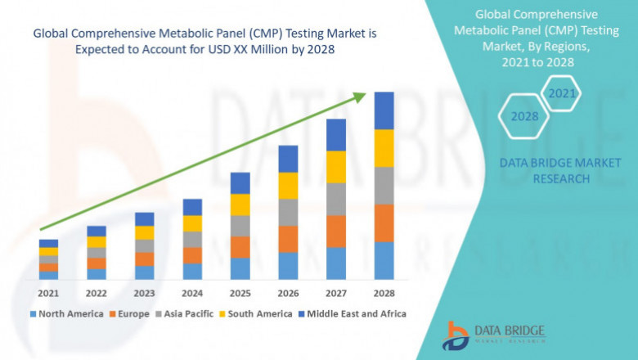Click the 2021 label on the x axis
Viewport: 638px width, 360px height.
pyautogui.click(x=48, y=292)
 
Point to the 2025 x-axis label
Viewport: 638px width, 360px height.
pyautogui.click(x=240, y=292)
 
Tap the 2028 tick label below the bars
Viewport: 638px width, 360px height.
pyautogui.click(x=384, y=292)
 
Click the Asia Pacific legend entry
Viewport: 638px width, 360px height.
pyautogui.click(x=187, y=313)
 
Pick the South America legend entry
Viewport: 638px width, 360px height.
pyautogui.click(x=258, y=313)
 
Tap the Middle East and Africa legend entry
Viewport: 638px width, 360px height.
pyautogui.click(x=356, y=313)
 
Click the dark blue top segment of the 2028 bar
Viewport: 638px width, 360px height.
pyautogui.click(x=384, y=110)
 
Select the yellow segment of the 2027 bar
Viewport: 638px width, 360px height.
pyautogui.click(x=335, y=167)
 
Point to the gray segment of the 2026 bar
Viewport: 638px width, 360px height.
pyautogui.click(x=288, y=212)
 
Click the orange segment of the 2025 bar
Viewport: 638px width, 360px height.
pyautogui.click(x=240, y=247)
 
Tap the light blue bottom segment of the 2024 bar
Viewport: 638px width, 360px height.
pyautogui.click(x=192, y=271)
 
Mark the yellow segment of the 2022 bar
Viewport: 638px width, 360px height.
pyautogui.click(x=97, y=242)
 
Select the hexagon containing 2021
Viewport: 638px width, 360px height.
pyautogui.click(x=562, y=94)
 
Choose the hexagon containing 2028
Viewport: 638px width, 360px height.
pyautogui.click(x=524, y=116)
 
